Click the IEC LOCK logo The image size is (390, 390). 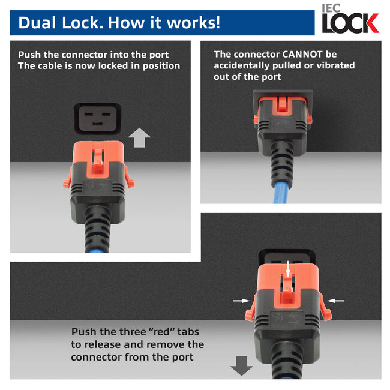pyautogui.click(x=350, y=20)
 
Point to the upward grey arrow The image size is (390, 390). pyautogui.click(x=139, y=139)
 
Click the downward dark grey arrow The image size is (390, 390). pyautogui.click(x=242, y=365)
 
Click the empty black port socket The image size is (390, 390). pyautogui.click(x=97, y=119)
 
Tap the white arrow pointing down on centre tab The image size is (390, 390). pyautogui.click(x=288, y=268)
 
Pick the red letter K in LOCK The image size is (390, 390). pyautogui.click(x=370, y=24)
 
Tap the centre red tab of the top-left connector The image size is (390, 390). pyautogui.click(x=97, y=161)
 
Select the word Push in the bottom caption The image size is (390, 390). pyautogui.click(x=84, y=331)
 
